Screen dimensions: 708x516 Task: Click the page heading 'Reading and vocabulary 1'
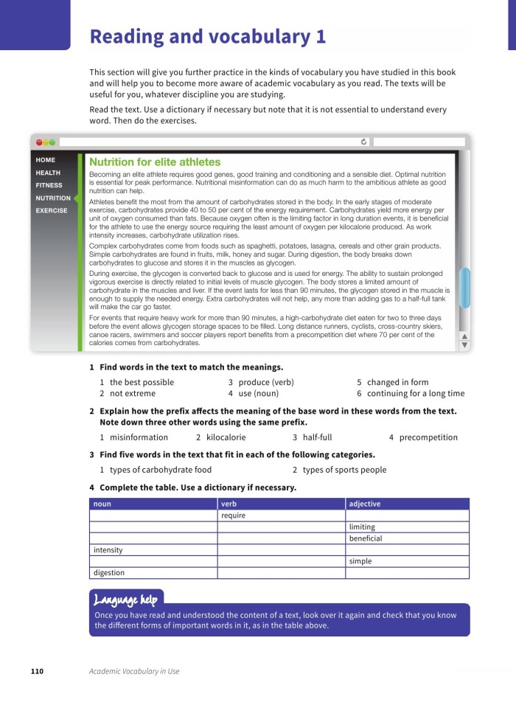pos(207,37)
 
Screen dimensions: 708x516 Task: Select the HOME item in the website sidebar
pos(45,160)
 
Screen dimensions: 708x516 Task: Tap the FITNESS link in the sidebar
pos(49,185)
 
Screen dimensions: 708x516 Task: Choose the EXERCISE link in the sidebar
pos(52,210)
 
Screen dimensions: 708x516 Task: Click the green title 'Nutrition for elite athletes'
pos(155,162)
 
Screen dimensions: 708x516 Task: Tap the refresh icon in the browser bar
pos(364,142)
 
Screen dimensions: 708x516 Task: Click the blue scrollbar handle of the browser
pos(464,288)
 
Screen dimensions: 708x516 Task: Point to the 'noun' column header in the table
pos(102,504)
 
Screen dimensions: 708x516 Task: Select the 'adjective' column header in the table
pos(365,504)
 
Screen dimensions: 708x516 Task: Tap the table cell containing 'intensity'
pos(108,550)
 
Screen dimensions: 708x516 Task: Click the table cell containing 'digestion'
pos(109,573)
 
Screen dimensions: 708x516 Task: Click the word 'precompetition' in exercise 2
pos(428,437)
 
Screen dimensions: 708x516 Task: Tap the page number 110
pos(37,671)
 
